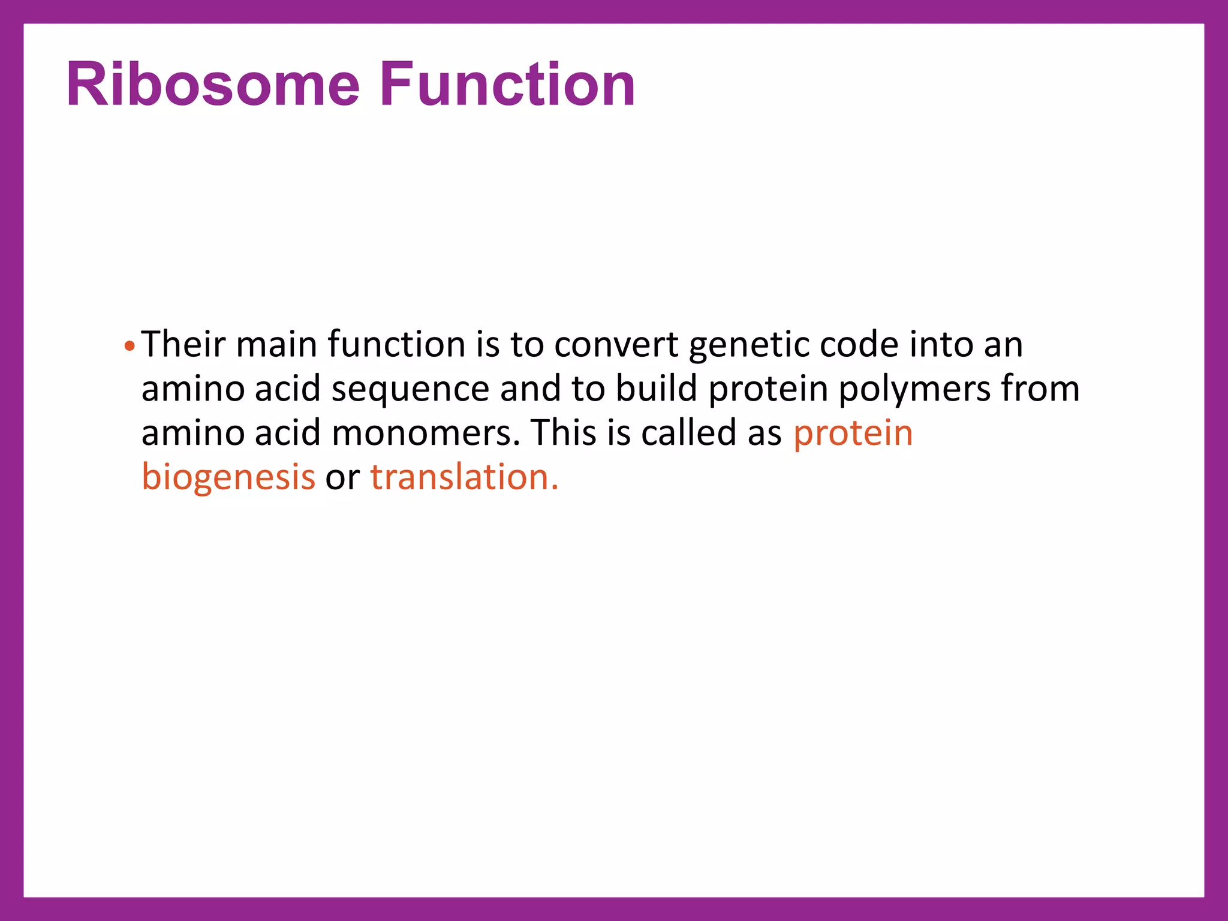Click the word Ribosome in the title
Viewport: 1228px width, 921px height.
tap(213, 85)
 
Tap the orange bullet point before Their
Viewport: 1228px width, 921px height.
tap(130, 346)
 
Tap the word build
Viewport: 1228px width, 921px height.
tap(657, 389)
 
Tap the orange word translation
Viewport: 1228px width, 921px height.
tap(463, 477)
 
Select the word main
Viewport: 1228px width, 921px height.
tap(276, 345)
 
